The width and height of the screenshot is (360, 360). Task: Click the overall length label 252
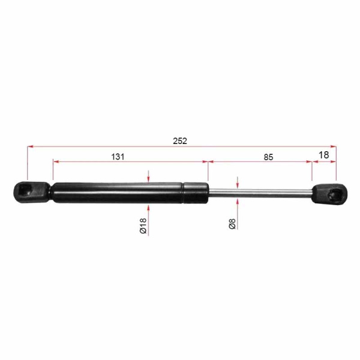(180, 141)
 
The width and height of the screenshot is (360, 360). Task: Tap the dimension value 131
(118, 157)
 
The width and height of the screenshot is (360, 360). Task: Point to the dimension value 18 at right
(323, 155)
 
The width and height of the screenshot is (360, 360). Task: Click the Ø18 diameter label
(143, 226)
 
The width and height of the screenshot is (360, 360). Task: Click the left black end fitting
(30, 191)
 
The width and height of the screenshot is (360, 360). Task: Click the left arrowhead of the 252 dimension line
(30, 145)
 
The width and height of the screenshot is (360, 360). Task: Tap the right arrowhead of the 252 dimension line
(334, 145)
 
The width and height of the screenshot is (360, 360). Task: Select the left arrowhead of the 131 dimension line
(56, 161)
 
